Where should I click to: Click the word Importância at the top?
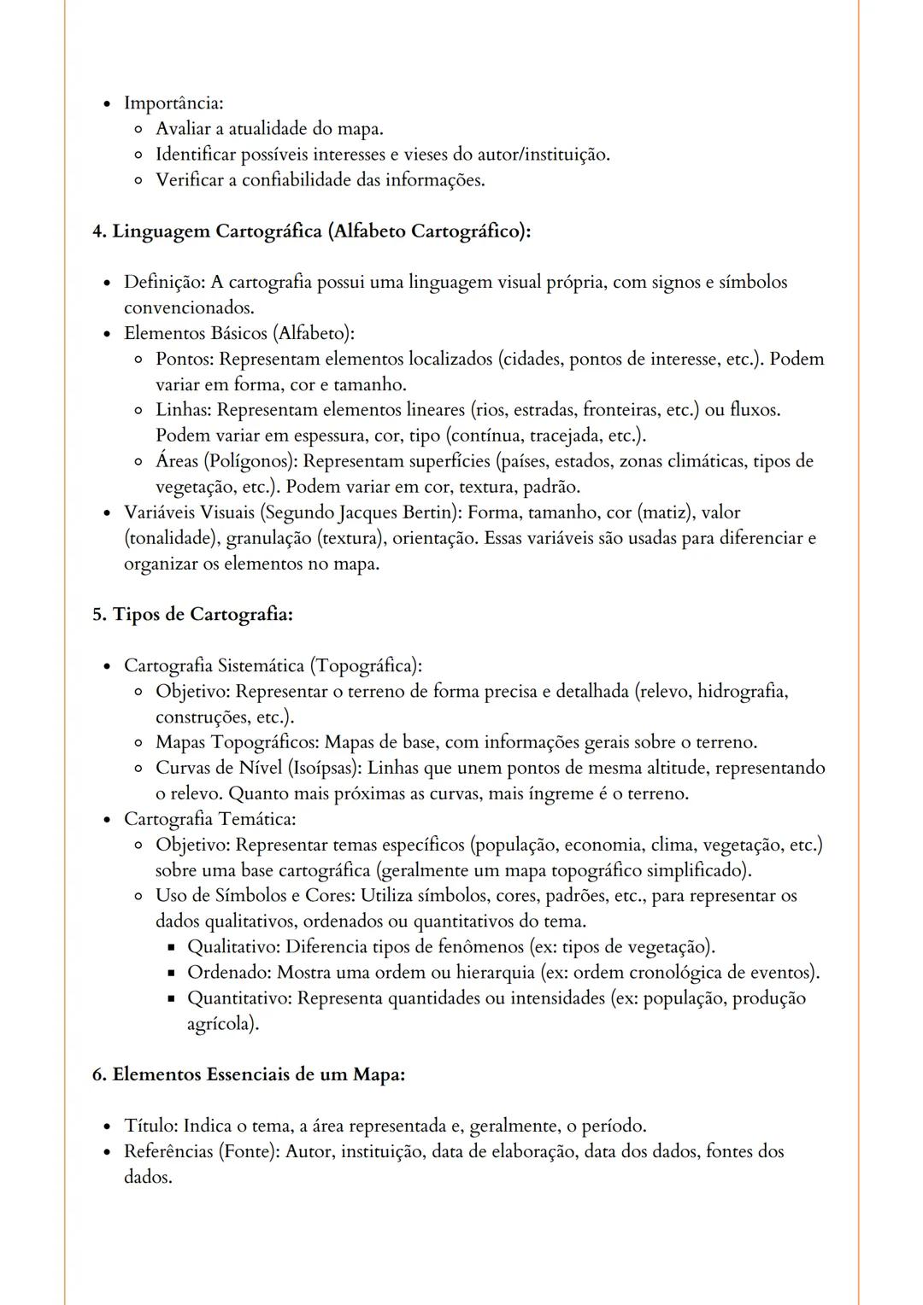(173, 103)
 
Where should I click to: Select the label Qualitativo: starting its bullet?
(233, 947)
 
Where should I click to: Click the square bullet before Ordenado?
(170, 974)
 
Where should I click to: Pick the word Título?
(150, 1126)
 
